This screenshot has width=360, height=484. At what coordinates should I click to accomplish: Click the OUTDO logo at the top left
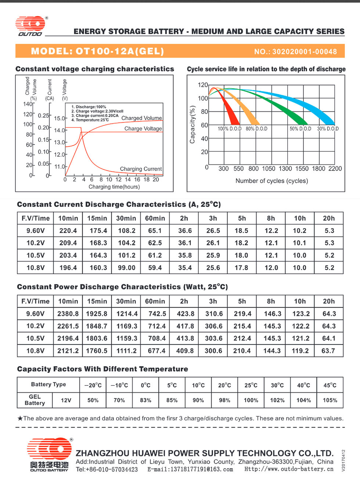pos(30,26)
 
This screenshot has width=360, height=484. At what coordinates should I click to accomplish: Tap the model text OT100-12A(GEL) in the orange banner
pos(119,51)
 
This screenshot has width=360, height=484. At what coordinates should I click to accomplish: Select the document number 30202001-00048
pos(305,51)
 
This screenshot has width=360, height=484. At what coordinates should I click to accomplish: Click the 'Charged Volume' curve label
pos(141,118)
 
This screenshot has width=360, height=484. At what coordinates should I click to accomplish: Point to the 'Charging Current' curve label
pos(141,169)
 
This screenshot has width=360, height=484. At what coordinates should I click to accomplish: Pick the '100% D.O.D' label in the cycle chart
pos(230,129)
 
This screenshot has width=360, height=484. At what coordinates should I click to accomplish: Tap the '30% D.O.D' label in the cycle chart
pos(328,129)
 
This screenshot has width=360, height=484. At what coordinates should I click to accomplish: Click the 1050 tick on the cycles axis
pos(269,169)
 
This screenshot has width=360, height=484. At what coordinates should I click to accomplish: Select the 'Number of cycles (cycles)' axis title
pos(271,181)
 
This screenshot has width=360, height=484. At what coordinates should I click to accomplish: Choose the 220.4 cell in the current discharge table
pos(68,231)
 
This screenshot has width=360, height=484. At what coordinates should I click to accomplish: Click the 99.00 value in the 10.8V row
pos(126,268)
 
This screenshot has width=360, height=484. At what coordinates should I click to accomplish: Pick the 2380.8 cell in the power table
pos(68,314)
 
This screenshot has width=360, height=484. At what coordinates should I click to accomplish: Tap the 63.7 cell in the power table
pos(328,351)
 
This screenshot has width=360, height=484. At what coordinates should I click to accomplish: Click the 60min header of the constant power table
pos(155,301)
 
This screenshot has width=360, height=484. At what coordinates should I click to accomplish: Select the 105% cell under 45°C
pos(330,400)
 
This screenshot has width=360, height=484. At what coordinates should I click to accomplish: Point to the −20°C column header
pos(93,386)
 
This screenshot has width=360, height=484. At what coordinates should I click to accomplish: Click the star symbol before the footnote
pos(20,418)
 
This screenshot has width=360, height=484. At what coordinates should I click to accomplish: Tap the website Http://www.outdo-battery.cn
pos(289,469)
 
